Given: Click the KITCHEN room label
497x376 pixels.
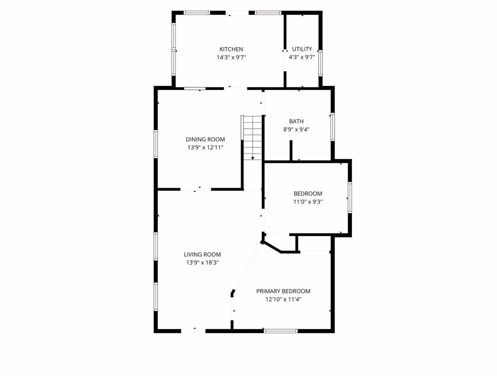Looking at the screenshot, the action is coord(231,49).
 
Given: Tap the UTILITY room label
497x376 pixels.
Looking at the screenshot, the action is coord(302,49).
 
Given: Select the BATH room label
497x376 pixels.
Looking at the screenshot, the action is coord(296,121).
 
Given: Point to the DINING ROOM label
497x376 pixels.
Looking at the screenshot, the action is coord(205,139).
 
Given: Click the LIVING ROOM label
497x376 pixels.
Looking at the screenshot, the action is coord(202,254).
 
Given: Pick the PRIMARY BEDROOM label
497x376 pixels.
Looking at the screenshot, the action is coord(283,291).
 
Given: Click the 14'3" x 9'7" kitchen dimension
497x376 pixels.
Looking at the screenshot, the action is coord(231,57).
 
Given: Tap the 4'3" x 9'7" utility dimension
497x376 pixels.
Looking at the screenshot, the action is coord(302,57).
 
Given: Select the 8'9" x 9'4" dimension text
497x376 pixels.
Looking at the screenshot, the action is coord(296,129).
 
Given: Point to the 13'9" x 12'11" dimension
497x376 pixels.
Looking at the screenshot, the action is coord(205,147).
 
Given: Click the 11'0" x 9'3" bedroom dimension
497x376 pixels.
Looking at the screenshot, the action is coord(308,201).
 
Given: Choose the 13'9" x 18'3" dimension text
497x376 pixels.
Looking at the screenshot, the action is coord(202,262).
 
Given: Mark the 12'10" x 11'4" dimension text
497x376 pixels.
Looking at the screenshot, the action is coord(283,299).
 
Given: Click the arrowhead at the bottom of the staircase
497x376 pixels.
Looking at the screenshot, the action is coord(253,158).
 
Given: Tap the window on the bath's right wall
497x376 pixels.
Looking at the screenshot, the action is coord(332,126).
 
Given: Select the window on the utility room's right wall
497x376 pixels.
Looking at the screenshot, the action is coord(321,63).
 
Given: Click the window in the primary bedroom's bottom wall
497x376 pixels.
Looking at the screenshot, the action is coord(281,331).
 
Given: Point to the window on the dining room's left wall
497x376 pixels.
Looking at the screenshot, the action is coord(156,144).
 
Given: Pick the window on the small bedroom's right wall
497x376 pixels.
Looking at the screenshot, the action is coord(350,197).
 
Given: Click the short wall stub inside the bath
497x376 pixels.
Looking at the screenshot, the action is coord(291,150).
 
